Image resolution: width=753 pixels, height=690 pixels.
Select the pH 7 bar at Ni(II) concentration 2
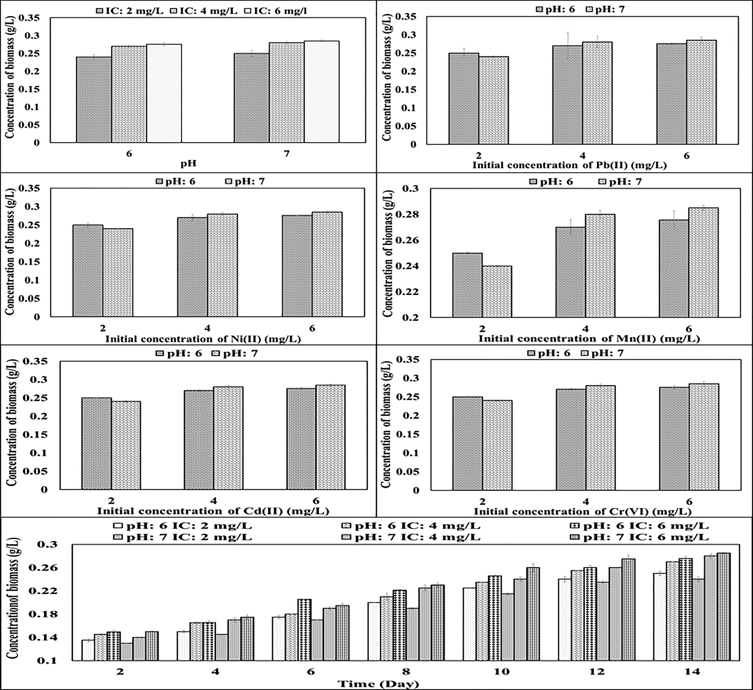118,273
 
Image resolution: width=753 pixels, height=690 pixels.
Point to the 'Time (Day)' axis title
378,684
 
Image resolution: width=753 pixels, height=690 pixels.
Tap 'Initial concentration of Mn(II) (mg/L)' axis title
589,339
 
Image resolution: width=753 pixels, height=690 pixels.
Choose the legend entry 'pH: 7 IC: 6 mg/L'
645,538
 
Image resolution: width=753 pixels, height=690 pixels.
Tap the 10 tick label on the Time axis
501,672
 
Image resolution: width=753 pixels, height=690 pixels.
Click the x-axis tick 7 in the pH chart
287,154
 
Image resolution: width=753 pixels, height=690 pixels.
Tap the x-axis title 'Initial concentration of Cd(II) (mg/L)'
214,511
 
